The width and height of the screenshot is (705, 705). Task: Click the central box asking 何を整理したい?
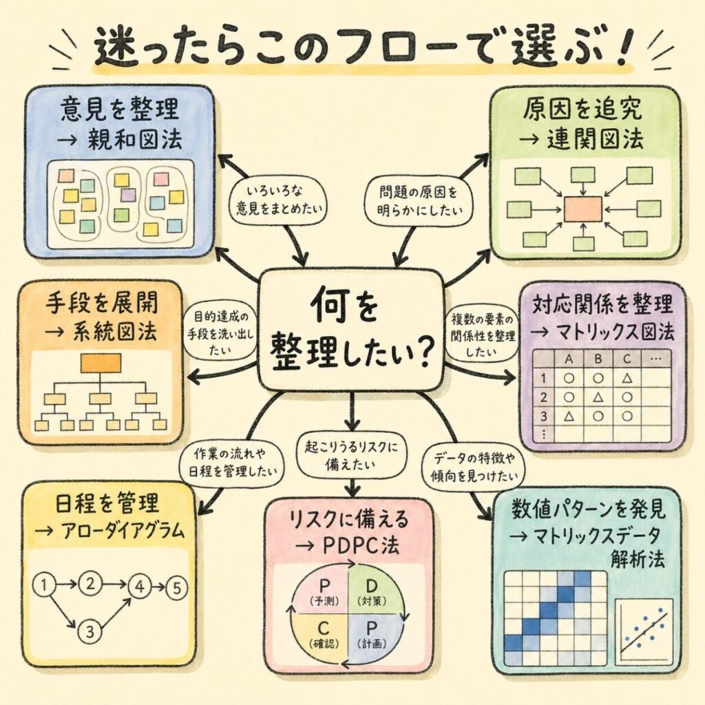point(351,330)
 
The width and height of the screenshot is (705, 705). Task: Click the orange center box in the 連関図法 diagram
point(582,209)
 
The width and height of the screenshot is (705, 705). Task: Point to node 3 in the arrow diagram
point(89,629)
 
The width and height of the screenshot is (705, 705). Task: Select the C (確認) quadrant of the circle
point(318,631)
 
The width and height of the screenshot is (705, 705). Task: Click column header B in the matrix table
point(598,359)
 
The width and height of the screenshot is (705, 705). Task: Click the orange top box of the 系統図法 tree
point(100,363)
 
